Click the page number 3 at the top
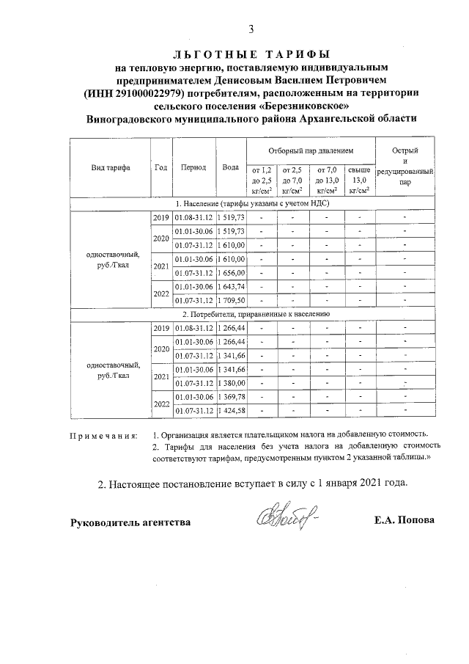(x=251, y=29)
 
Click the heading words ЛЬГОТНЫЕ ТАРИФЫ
(x=251, y=54)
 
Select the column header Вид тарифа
(x=111, y=167)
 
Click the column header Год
(x=161, y=167)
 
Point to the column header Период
(x=193, y=167)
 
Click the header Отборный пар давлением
(x=311, y=149)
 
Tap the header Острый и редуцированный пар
(x=405, y=167)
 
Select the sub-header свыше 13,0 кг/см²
(x=359, y=180)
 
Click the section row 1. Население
(x=252, y=205)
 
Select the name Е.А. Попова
(x=404, y=520)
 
